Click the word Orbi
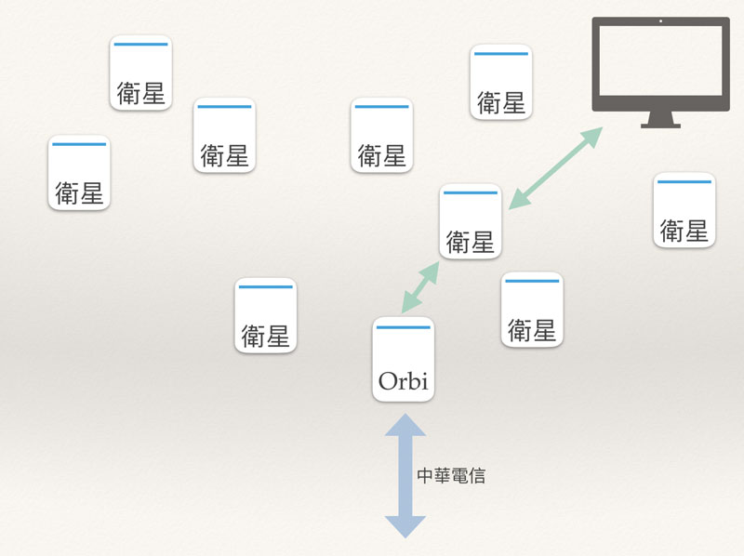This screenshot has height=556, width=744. pyautogui.click(x=404, y=380)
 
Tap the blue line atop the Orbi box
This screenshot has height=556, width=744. pyautogui.click(x=404, y=327)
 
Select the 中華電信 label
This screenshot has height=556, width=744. pyautogui.click(x=451, y=475)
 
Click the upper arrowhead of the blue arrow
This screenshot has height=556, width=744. pyautogui.click(x=405, y=425)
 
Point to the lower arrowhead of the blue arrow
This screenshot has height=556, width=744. pyautogui.click(x=405, y=527)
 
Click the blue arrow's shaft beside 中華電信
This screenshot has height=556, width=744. pyautogui.click(x=405, y=476)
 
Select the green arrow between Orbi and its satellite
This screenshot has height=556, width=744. pyautogui.click(x=420, y=287)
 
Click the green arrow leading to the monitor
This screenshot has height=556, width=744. pyautogui.click(x=555, y=168)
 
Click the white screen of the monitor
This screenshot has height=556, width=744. pyautogui.click(x=660, y=60)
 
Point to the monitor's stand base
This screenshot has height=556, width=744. pyautogui.click(x=660, y=126)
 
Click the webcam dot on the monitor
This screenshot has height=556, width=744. pyautogui.click(x=660, y=20)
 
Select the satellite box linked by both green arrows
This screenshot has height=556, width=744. pyautogui.click(x=471, y=221)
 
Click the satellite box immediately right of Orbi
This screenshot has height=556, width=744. pyautogui.click(x=532, y=310)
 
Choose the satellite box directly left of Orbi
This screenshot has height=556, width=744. pyautogui.click(x=266, y=315)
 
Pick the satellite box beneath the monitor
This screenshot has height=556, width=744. pyautogui.click(x=684, y=210)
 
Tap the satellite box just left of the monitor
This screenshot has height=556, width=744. pyautogui.click(x=501, y=82)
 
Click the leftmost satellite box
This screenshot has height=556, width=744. pyautogui.click(x=79, y=173)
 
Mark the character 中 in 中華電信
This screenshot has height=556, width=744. pyautogui.click(x=425, y=475)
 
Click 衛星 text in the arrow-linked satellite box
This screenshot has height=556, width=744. pyautogui.click(x=471, y=242)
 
